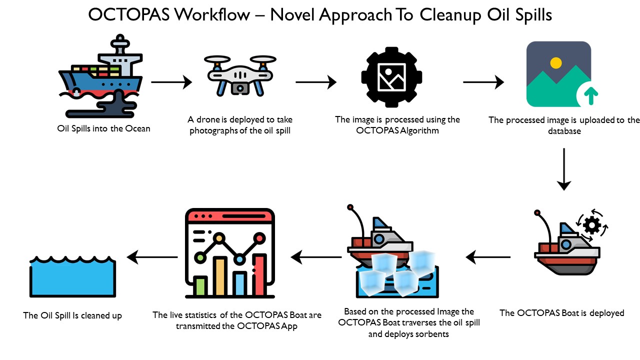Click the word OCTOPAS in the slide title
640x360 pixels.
(129, 14)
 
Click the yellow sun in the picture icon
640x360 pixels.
(555, 63)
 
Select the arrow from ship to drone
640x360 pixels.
(171, 81)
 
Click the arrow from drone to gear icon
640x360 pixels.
(316, 81)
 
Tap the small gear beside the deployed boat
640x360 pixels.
(592, 226)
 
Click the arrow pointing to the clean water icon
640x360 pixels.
(152, 257)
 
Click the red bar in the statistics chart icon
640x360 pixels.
(258, 274)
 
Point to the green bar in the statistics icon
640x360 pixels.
(201, 285)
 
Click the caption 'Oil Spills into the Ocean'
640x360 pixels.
(104, 128)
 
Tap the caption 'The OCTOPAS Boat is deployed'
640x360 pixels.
(561, 313)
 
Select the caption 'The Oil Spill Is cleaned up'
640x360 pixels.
(72, 315)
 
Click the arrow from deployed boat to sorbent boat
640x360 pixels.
(488, 257)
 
